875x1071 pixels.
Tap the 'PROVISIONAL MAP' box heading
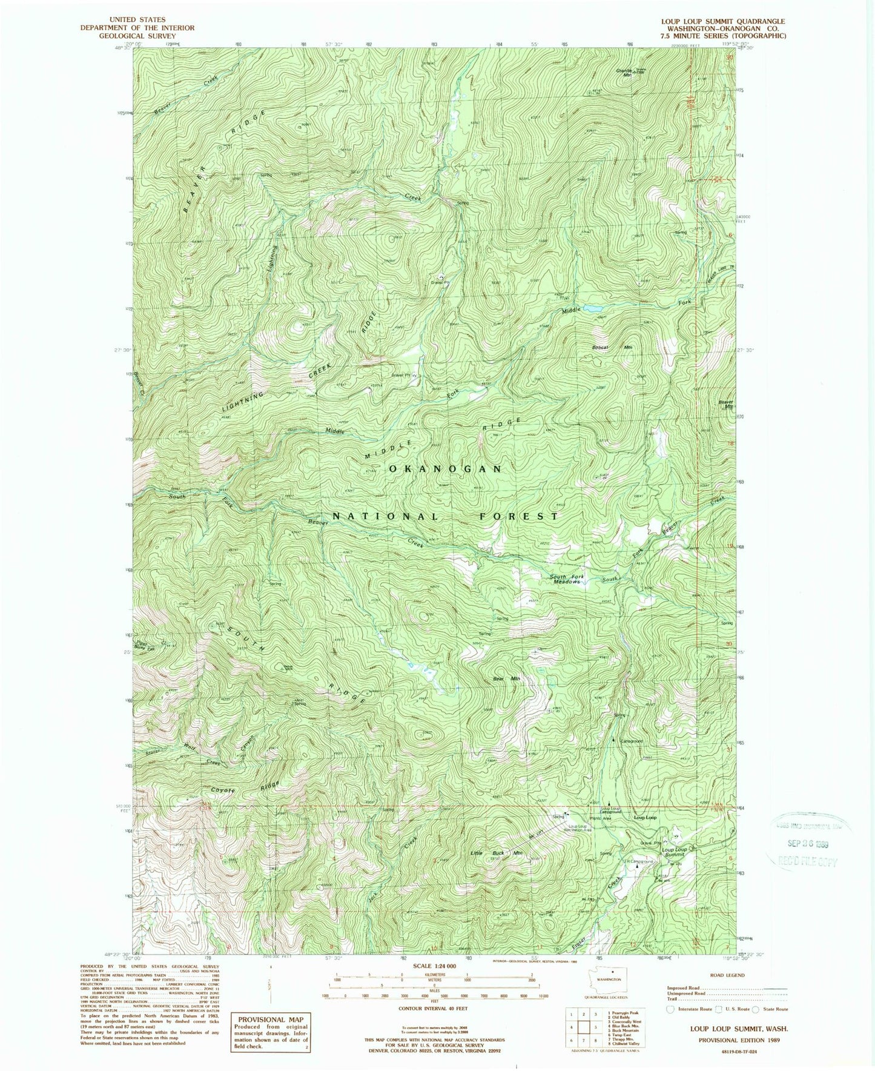click(270, 1020)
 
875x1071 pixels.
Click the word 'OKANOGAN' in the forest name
click(445, 469)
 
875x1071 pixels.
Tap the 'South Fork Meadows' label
click(566, 579)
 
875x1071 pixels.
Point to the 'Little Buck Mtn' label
click(497, 854)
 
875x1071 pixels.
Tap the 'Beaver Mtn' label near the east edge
click(725, 404)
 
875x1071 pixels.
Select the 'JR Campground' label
click(639, 861)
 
